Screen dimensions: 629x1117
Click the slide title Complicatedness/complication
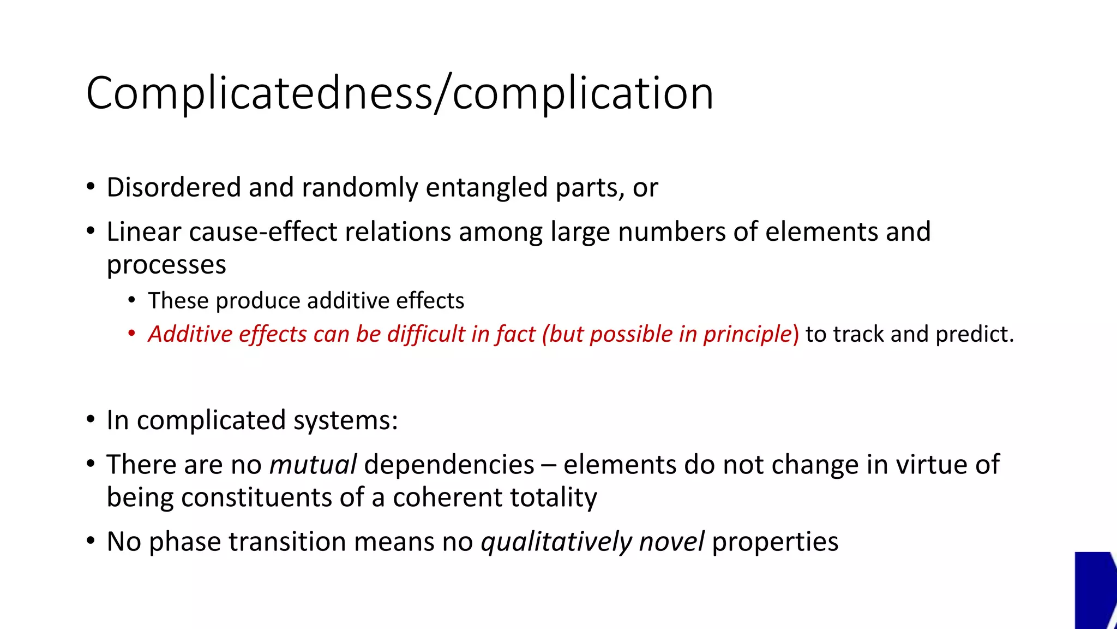pyautogui.click(x=399, y=93)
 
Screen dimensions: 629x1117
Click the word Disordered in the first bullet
pyautogui.click(x=173, y=187)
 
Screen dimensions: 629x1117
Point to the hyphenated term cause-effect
pyautogui.click(x=263, y=232)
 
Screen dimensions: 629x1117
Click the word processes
pyautogui.click(x=166, y=265)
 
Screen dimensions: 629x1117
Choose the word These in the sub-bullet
pyautogui.click(x=178, y=301)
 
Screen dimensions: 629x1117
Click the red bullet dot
pyautogui.click(x=131, y=333)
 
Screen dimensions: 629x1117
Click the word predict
pyautogui.click(x=974, y=334)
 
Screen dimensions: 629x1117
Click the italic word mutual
pyautogui.click(x=313, y=465)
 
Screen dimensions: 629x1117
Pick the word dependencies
pyautogui.click(x=449, y=465)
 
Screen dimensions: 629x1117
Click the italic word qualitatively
pyautogui.click(x=556, y=542)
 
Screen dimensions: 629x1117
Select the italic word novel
pyautogui.click(x=671, y=542)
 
